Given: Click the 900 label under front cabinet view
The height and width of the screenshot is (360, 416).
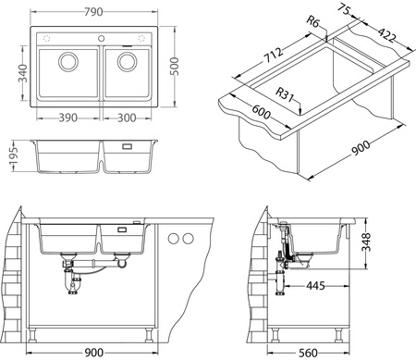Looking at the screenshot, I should tap(92, 352).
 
